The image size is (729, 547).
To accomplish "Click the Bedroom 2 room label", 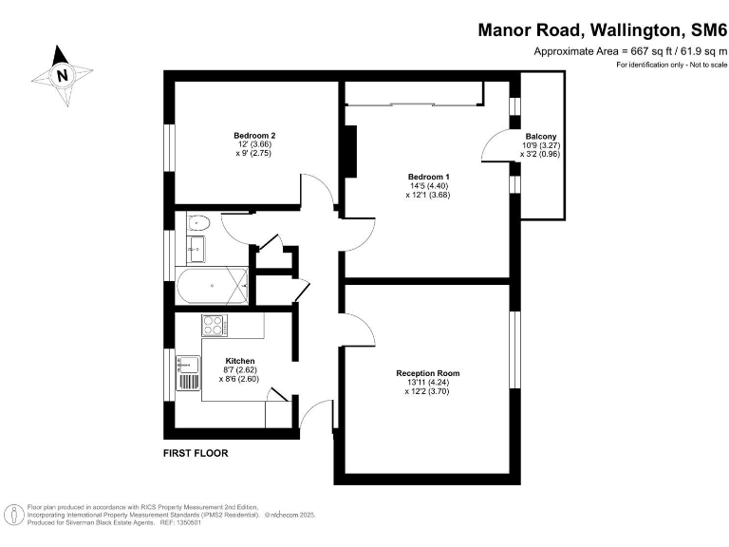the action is [254, 136].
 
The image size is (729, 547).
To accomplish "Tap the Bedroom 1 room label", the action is [429, 177].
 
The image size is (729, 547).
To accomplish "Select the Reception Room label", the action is [428, 373].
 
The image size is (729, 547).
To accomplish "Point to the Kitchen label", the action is [240, 361].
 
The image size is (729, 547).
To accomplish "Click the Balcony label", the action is [541, 137].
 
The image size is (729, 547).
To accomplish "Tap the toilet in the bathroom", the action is [198, 223].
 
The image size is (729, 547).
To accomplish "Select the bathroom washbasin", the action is [196, 249].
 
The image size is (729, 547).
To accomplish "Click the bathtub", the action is [212, 286].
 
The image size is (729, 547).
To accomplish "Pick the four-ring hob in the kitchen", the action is [215, 325].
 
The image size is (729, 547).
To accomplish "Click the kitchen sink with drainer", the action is [188, 372].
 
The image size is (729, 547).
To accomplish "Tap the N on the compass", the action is [63, 75].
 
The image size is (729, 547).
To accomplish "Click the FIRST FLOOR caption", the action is [196, 453].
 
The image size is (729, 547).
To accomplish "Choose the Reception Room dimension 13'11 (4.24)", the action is [428, 383].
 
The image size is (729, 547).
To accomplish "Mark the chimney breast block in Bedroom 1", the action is [349, 151].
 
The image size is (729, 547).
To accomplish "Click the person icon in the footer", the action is [17, 516].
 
